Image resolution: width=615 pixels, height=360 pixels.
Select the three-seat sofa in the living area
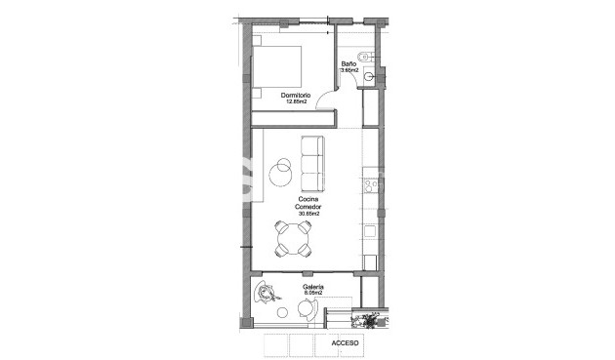point(312,164)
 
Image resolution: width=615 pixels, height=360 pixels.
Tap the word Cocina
point(309,200)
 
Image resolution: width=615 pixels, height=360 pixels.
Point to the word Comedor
point(309,207)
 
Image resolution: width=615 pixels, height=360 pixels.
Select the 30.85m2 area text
point(309,215)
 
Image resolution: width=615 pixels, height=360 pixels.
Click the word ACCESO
point(346,343)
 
